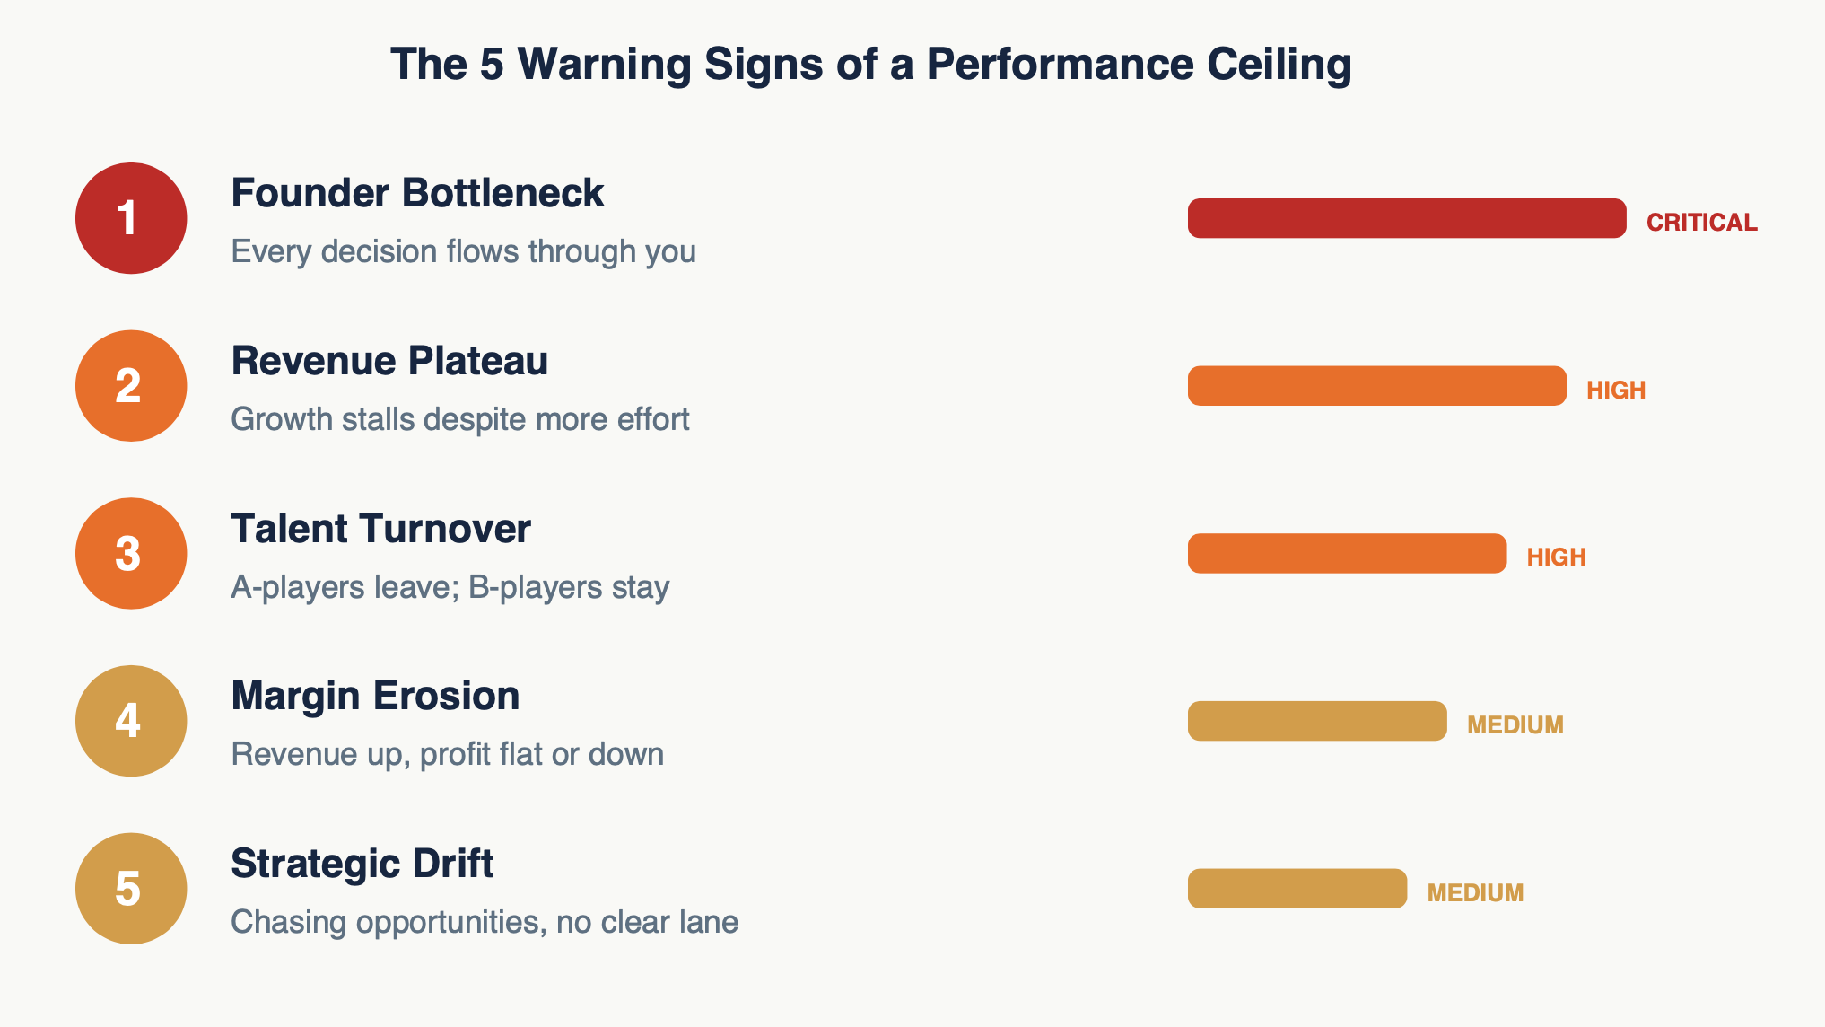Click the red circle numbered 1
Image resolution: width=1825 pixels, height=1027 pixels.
pos(131,218)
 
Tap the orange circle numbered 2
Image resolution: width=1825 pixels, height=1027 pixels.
pos(131,386)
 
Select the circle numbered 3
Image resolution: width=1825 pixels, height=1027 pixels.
pos(131,553)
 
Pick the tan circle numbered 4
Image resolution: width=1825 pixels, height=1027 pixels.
pos(131,721)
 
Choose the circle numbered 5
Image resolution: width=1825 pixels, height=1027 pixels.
pos(131,889)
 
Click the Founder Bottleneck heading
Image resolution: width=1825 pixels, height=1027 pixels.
pos(417,194)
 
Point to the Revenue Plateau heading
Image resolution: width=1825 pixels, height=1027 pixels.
pos(389,362)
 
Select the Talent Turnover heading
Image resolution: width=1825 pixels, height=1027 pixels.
pos(380,529)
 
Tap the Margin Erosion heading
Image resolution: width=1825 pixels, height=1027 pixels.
pos(375,697)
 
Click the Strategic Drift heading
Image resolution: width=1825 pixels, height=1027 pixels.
pos(362,864)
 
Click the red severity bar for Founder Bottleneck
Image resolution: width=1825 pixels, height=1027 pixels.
pos(1406,218)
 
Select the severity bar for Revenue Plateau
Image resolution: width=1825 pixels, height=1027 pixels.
pos(1376,386)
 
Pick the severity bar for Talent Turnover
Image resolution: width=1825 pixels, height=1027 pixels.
pos(1347,553)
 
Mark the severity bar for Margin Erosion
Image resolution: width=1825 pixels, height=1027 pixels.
pos(1317,721)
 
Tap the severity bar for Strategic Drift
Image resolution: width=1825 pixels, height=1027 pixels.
pos(1297,889)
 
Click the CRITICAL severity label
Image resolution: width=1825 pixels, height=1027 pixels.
pos(1701,223)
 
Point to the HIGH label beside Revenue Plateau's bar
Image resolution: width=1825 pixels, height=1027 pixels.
pos(1616,391)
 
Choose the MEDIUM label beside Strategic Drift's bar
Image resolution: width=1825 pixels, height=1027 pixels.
pos(1475,893)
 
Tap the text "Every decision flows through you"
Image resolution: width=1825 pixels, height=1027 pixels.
pos(463,252)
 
